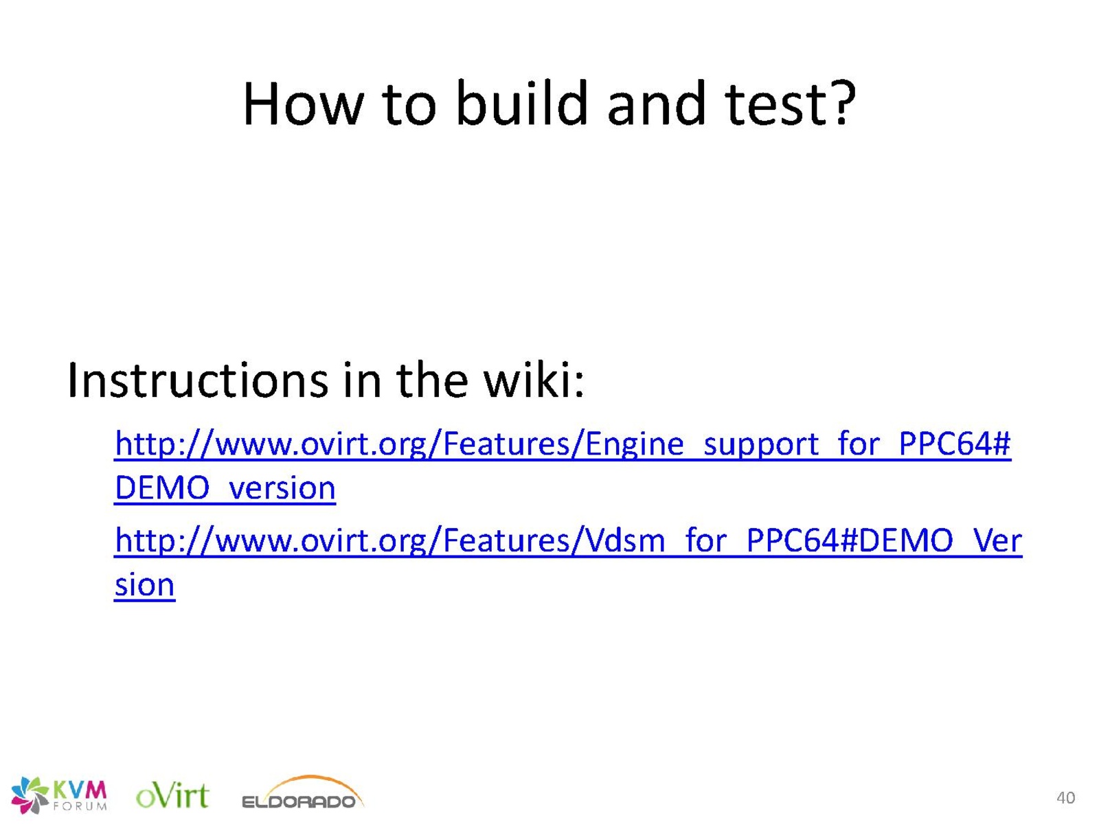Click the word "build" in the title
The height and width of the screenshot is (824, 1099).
[521, 103]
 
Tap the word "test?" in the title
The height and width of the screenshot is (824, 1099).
[791, 103]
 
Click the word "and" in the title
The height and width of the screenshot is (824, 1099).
[656, 103]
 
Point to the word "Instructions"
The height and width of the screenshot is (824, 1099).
[197, 380]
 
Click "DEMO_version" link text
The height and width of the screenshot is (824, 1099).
[225, 488]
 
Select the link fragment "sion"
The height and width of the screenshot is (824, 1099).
[144, 584]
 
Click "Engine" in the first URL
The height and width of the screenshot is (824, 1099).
[634, 444]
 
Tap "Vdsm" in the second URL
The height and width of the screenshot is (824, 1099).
[625, 540]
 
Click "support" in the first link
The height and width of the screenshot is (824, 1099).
[761, 445]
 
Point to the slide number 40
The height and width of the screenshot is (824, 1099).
[1065, 797]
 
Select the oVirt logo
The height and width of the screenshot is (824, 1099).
[172, 794]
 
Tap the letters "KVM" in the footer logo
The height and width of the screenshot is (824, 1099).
[79, 790]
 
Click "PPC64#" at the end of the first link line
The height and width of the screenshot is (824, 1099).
[954, 444]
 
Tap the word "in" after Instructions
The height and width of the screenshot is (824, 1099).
[361, 380]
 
